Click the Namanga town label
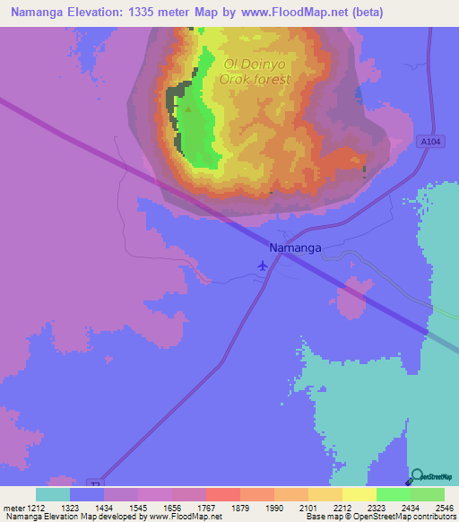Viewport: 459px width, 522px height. click(x=295, y=247)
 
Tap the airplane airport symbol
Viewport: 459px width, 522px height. click(x=262, y=265)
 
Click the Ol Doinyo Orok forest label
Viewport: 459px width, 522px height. click(x=256, y=72)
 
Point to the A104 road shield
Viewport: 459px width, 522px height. click(x=429, y=141)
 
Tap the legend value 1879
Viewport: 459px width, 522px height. click(x=238, y=508)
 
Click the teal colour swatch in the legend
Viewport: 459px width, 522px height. click(x=52, y=494)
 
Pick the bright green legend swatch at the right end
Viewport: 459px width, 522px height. click(x=427, y=494)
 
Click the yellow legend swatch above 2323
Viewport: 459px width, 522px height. click(x=359, y=494)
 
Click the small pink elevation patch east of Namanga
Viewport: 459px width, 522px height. click(x=354, y=296)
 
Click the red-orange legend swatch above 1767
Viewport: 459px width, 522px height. click(x=222, y=494)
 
